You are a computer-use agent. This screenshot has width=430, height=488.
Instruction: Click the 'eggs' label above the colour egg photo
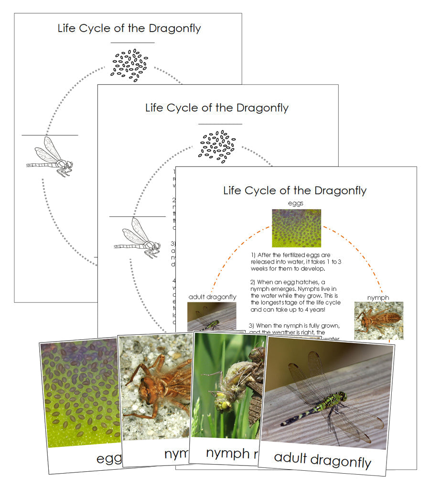pos(296,203)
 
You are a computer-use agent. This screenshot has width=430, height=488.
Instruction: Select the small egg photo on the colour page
pos(296,228)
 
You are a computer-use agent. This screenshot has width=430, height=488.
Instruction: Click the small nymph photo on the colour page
pos(378,321)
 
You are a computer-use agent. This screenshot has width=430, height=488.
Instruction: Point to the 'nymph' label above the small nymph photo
pos(378,298)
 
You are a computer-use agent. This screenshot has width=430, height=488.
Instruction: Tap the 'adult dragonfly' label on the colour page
pos(212,297)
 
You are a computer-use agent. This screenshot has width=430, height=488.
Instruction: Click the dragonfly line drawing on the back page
pos(50,157)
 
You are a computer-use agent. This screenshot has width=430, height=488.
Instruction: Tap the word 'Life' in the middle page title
pos(155,108)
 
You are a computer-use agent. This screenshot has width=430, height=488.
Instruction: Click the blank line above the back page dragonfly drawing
pos(50,135)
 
